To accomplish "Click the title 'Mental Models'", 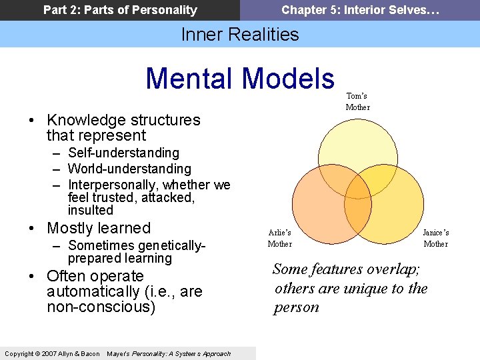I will click(240, 78).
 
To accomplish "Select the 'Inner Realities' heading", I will click(240, 34).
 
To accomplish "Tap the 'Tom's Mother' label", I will click(357, 101).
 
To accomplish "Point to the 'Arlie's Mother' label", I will click(279, 238).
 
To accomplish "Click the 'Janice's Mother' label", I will click(436, 238).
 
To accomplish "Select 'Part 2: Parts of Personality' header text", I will click(120, 10).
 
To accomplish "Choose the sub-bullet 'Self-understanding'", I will click(123, 153).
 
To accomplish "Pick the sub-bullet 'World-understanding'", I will click(129, 169).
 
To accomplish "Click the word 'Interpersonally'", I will click(113, 185).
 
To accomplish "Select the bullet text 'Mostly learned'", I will click(99, 228).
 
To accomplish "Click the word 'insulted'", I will click(91, 211).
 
